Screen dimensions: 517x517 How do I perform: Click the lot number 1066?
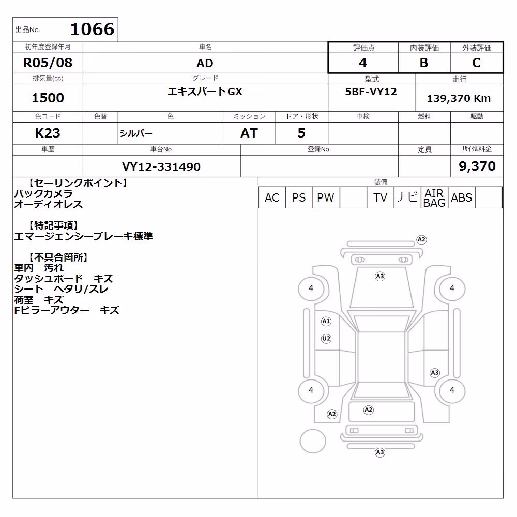93,29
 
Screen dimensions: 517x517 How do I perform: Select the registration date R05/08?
48,63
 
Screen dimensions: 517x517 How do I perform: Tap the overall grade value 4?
363,63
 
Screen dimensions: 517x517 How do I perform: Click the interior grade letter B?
424,63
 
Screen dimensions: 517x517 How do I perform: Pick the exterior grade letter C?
477,63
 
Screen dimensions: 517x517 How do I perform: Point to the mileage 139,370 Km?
459,98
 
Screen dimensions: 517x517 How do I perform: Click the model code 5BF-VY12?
371,92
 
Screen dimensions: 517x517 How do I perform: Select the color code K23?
48,133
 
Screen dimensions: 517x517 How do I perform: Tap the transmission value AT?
249,133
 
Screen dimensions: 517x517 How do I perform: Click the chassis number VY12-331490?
161,166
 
